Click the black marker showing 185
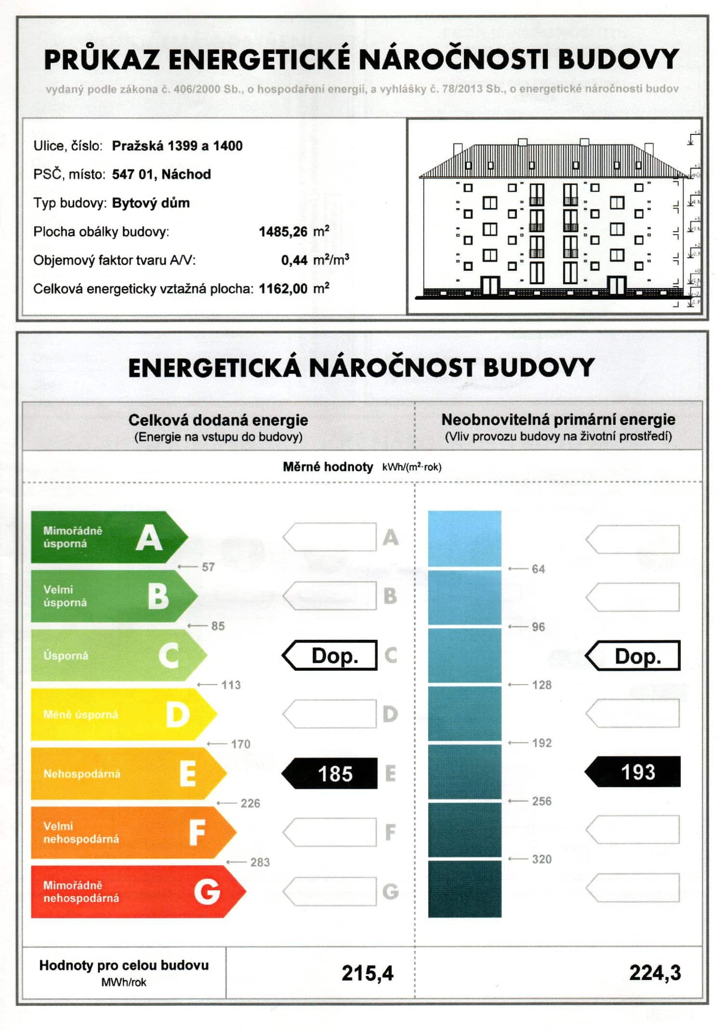[x=330, y=774]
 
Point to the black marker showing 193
[x=634, y=772]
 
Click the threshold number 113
[x=231, y=685]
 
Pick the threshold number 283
[x=260, y=862]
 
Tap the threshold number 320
[x=541, y=859]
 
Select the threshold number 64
[x=538, y=569]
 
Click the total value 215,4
[x=368, y=973]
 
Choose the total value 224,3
[x=655, y=973]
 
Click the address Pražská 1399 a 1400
[x=177, y=146]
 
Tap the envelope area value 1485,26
[x=283, y=232]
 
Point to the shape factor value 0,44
[x=294, y=260]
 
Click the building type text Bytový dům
[x=151, y=203]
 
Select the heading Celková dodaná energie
[x=218, y=420]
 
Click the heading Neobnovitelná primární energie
[x=558, y=420]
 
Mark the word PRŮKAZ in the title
[x=102, y=60]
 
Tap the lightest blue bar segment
[x=464, y=538]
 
